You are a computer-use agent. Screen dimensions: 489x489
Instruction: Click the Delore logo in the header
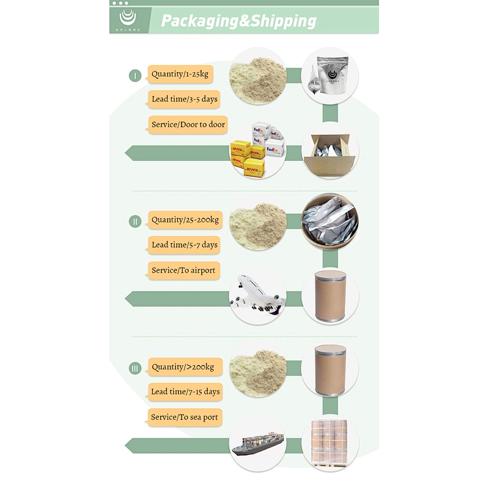click(128, 20)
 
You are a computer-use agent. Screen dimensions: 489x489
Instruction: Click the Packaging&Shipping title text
click(238, 21)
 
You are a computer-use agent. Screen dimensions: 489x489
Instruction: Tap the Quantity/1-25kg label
click(180, 74)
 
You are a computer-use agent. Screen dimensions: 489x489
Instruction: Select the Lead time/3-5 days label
click(185, 99)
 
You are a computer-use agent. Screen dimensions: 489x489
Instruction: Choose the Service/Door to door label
click(188, 125)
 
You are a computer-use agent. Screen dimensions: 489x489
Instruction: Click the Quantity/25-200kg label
click(185, 220)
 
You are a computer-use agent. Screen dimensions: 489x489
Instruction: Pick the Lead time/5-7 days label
click(185, 245)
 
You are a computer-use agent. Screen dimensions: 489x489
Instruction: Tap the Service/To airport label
click(184, 270)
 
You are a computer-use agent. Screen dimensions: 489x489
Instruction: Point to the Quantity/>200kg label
click(185, 367)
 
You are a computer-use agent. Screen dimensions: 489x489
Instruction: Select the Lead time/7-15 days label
click(186, 392)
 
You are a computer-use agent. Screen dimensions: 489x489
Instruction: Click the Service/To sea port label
click(185, 417)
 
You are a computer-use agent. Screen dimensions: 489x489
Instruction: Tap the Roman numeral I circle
click(135, 75)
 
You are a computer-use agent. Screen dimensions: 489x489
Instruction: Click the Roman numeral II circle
click(135, 221)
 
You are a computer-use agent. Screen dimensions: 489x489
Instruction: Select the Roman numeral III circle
click(135, 369)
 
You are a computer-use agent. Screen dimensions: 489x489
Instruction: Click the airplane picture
click(257, 295)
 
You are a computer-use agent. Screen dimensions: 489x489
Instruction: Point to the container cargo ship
click(257, 443)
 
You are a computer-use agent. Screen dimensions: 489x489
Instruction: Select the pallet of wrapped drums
click(329, 443)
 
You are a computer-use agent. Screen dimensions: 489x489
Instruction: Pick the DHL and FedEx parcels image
click(257, 150)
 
